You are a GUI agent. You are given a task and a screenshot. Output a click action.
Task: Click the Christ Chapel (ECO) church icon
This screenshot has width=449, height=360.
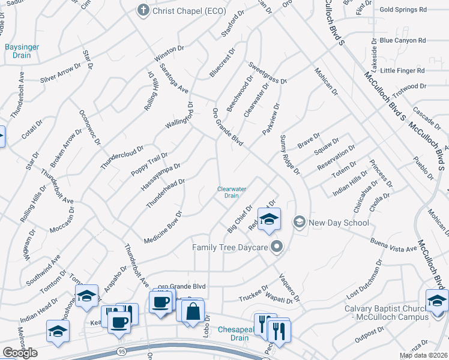(x=143, y=10)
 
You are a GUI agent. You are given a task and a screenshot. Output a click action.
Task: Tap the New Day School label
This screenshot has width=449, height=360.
(x=339, y=223)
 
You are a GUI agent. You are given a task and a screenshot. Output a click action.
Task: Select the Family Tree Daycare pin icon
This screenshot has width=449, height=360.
(x=277, y=247)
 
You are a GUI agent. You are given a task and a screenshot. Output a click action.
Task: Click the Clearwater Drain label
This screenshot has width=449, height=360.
(x=232, y=192)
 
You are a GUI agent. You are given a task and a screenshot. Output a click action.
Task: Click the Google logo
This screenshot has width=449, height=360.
(x=20, y=353)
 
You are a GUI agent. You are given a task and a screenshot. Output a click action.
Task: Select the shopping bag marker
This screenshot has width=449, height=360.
(x=193, y=312)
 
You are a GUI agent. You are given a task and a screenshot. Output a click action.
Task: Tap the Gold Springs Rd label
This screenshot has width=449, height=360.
(x=403, y=10)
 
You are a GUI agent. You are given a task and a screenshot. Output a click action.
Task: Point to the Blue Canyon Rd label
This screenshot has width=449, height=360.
(x=403, y=41)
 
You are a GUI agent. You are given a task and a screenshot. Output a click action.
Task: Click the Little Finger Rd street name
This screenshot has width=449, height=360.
(x=402, y=70)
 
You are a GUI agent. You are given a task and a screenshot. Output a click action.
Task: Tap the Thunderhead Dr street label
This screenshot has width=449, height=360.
(x=165, y=194)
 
